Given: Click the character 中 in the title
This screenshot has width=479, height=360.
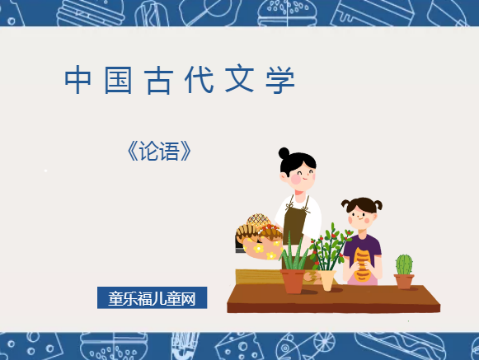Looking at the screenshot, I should coord(77,80).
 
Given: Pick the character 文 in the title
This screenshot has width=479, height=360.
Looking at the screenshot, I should coord(239,80).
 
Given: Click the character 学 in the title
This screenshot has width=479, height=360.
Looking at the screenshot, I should coord(279,80).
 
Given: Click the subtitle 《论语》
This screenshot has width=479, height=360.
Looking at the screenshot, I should coord(160,151).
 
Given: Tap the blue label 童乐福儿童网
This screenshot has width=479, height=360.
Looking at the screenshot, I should coord(152,297).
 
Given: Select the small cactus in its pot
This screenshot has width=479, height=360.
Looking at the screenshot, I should coord(403,267).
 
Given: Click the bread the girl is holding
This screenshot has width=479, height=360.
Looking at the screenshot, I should coord(362,263).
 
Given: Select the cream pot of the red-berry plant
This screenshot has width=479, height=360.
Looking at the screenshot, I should coord(327,279).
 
